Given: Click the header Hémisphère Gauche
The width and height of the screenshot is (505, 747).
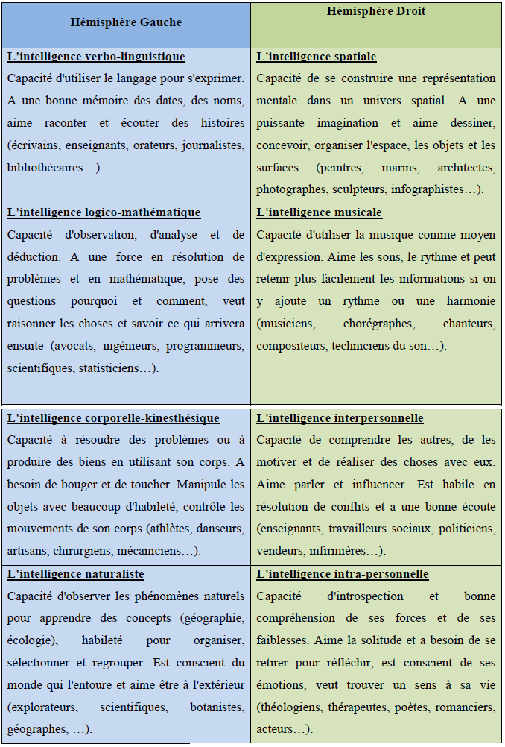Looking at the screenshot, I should coord(126,22).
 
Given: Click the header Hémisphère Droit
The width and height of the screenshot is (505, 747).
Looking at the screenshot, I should coord(376,12).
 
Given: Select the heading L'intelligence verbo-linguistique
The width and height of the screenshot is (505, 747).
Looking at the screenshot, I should coord(96,57).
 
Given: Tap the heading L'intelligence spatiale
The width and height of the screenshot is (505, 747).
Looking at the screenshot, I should coord(317,57).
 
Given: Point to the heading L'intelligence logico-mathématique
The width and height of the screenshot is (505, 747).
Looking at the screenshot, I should coord(104,212).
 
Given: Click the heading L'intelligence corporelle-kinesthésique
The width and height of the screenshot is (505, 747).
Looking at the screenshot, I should coord(113,418).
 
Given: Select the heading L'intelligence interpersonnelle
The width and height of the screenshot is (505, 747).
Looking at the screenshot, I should coord(340,418).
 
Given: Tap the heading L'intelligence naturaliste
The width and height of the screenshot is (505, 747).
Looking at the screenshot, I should coord(76,574).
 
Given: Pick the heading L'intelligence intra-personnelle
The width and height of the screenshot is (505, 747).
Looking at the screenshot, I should coord(343,574).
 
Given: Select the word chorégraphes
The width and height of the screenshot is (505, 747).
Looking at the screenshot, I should coord(378,324).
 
